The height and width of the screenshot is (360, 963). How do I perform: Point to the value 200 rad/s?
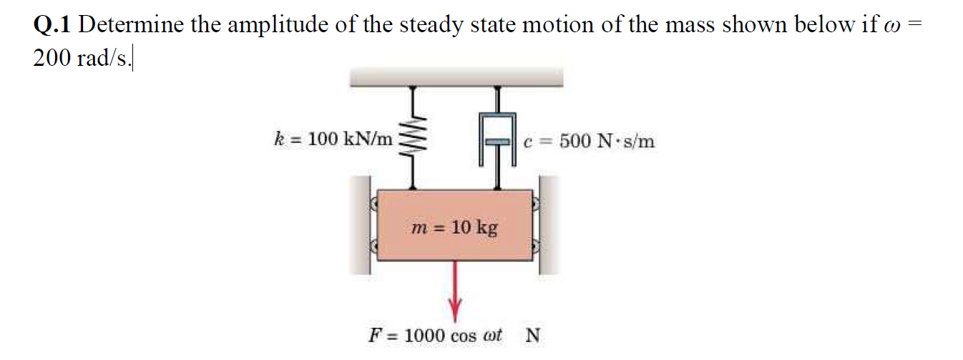[x=81, y=59]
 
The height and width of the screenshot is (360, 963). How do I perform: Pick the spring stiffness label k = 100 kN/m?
[x=333, y=139]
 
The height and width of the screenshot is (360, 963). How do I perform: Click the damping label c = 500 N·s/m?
[x=588, y=141]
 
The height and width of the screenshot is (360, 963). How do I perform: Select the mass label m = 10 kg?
[x=455, y=228]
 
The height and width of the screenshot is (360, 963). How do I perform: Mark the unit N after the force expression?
[x=533, y=335]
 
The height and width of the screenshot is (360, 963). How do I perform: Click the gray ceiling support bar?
[x=456, y=77]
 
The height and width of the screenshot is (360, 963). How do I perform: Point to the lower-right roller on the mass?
[x=536, y=247]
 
